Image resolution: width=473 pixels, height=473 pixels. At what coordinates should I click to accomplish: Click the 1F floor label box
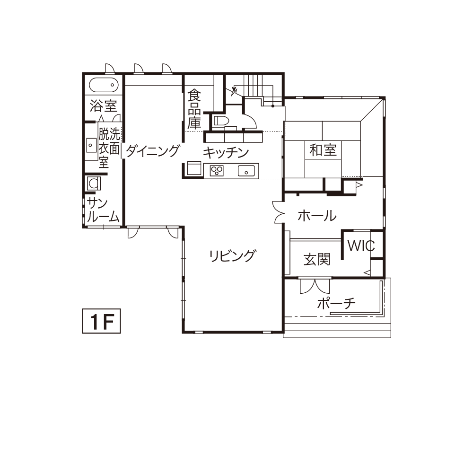101,321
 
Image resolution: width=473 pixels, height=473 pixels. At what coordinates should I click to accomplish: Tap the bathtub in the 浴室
104,85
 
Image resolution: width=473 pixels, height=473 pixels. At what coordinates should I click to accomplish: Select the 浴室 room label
103,106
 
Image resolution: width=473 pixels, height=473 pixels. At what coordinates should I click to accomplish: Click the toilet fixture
220,121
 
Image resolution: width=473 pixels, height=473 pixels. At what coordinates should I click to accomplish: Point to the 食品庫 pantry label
194,109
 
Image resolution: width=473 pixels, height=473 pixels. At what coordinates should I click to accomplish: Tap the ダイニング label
153,150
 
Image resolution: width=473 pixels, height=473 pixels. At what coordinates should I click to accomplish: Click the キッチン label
225,153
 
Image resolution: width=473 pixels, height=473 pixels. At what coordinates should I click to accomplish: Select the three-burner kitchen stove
217,171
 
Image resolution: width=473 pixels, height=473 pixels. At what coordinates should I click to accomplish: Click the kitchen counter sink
246,171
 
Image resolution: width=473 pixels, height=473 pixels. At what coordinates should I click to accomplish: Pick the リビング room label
233,256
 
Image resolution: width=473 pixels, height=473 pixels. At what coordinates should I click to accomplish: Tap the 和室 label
323,150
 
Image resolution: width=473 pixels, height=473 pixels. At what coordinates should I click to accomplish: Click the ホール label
317,216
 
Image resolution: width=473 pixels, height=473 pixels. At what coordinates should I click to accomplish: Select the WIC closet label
361,246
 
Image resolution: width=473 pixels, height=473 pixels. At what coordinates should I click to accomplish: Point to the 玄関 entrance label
317,259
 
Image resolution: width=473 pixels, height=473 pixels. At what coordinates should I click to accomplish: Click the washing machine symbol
94,183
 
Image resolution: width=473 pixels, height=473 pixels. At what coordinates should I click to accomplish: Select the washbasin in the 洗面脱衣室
90,145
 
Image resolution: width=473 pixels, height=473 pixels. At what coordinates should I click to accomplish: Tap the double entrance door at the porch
315,285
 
